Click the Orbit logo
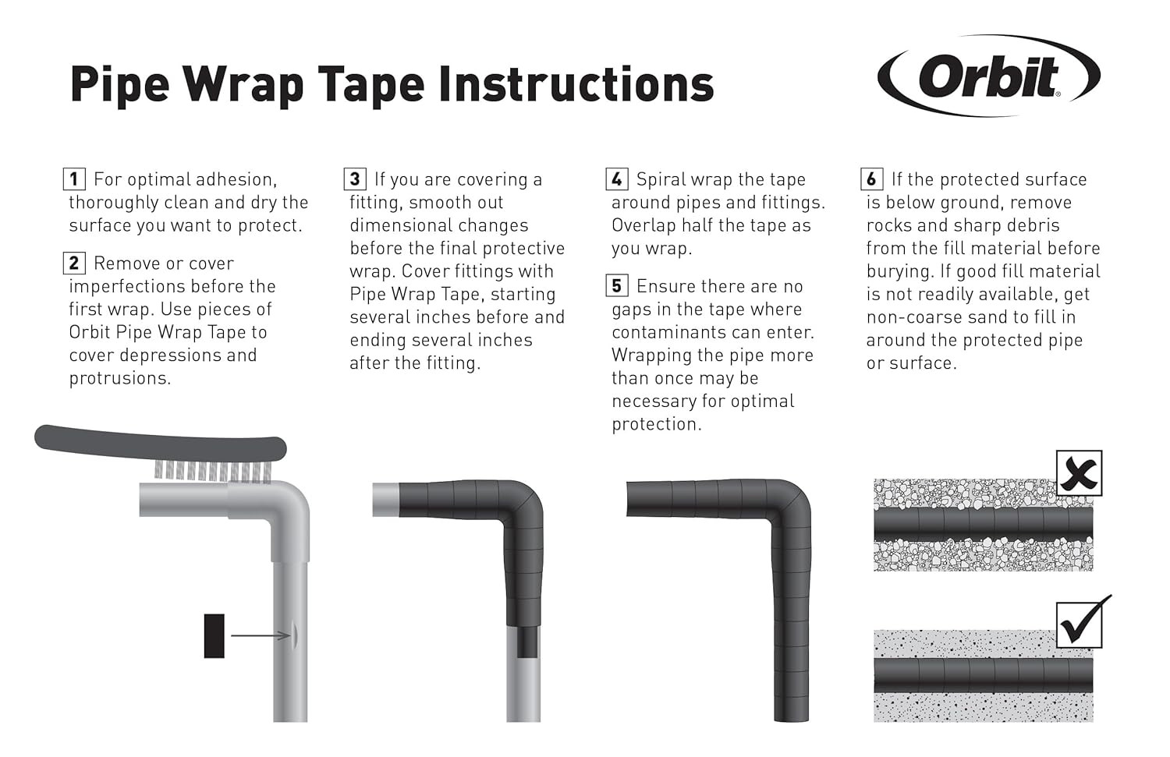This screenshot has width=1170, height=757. click(x=989, y=76)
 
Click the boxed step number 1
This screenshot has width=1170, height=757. click(x=74, y=179)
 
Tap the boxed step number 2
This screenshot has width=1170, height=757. click(x=74, y=264)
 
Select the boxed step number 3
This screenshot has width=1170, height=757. click(x=355, y=179)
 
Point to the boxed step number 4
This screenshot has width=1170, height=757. click(x=617, y=179)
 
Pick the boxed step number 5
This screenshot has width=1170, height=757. click(x=617, y=286)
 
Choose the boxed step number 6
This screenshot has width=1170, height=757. click(x=872, y=179)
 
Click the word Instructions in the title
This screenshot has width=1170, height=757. click(x=576, y=84)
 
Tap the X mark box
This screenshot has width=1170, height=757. click(x=1079, y=473)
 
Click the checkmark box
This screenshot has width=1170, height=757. click(x=1080, y=624)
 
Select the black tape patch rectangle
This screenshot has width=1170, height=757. click(x=214, y=636)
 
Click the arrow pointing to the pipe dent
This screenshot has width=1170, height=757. click(x=261, y=635)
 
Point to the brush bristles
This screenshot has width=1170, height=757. click(x=213, y=471)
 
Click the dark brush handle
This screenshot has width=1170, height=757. click(x=161, y=442)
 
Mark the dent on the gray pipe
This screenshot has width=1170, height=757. click(x=295, y=635)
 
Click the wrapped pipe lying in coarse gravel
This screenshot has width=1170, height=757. click(x=984, y=524)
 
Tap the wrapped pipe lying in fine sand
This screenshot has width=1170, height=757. click(x=984, y=675)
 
